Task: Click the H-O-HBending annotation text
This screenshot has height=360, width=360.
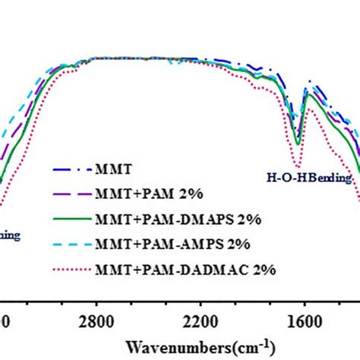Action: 309,179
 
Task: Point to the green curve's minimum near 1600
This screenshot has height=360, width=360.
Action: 298,144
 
